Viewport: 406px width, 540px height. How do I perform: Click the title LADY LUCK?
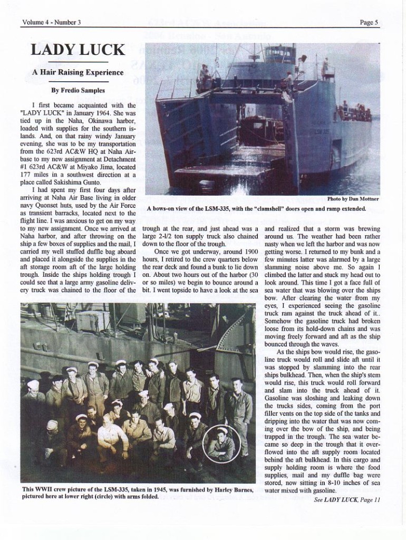click(78, 50)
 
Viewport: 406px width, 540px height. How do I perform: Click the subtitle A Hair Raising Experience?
click(78, 72)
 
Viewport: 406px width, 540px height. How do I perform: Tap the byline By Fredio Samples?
click(78, 90)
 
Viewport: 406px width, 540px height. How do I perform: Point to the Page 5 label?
click(369, 22)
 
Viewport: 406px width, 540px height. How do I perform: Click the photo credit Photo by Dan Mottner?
click(352, 199)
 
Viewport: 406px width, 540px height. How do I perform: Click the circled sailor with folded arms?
click(222, 445)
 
